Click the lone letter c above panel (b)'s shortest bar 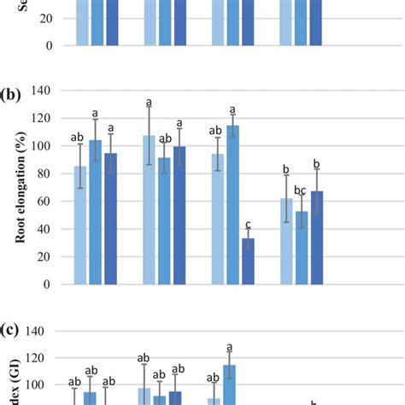[x=248, y=219]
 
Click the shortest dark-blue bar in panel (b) [x=248, y=261]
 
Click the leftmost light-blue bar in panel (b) [x=80, y=226]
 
